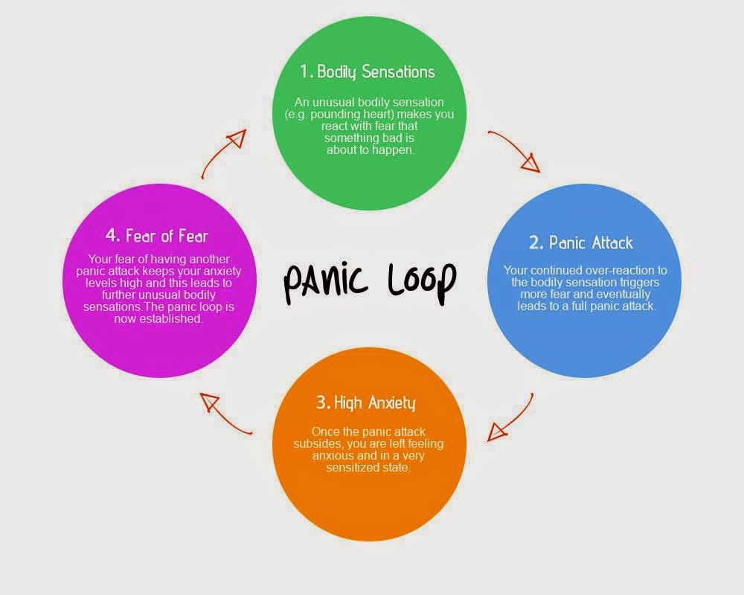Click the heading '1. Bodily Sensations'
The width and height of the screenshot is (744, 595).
368,72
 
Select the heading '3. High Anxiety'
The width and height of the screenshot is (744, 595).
365,402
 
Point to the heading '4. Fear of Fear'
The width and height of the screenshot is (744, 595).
156,236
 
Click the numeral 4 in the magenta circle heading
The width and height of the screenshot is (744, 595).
112,236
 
